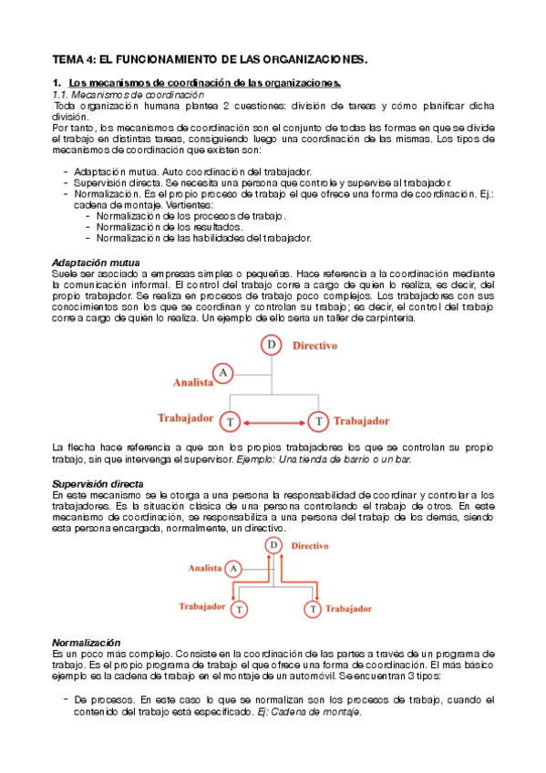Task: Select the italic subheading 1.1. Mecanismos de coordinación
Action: [x=128, y=95]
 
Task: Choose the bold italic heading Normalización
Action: [x=87, y=643]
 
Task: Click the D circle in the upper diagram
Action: [x=272, y=345]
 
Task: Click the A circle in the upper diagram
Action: [x=223, y=373]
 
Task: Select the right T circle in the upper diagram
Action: [x=317, y=421]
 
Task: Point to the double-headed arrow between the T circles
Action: [x=273, y=421]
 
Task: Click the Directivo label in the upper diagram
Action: [x=315, y=346]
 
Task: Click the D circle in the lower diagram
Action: [x=273, y=545]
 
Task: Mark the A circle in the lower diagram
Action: [x=234, y=568]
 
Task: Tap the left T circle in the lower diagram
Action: [x=239, y=607]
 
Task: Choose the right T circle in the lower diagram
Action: [x=313, y=607]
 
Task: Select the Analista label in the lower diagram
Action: [x=205, y=568]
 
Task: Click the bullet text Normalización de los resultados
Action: [x=170, y=226]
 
